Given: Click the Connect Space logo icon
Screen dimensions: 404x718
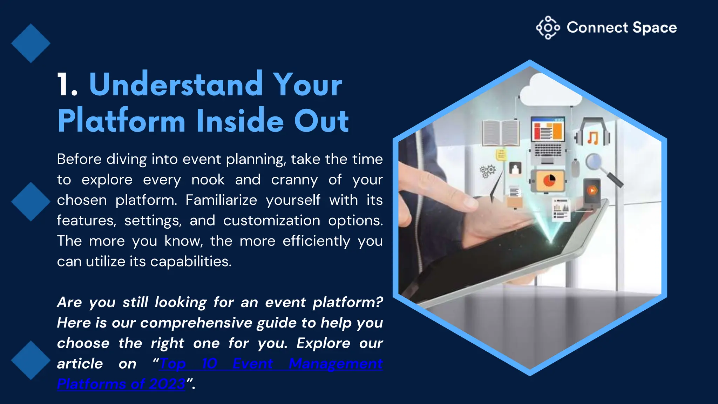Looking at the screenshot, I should (548, 27).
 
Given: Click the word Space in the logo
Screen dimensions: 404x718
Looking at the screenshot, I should (655, 28).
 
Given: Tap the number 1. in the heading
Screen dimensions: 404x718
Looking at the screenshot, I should (67, 85).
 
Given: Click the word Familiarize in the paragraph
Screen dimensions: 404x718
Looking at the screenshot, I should (221, 200).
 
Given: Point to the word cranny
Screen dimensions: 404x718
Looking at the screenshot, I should (294, 180).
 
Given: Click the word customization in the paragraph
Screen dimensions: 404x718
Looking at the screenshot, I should (271, 221).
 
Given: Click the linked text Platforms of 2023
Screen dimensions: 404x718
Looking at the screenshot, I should (121, 384).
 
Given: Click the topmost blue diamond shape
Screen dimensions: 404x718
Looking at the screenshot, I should (31, 43).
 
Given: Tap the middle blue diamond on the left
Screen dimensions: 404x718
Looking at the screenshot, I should (31, 202).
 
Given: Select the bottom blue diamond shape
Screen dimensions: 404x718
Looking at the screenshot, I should (31, 360).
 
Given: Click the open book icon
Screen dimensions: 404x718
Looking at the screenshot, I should (501, 133).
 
